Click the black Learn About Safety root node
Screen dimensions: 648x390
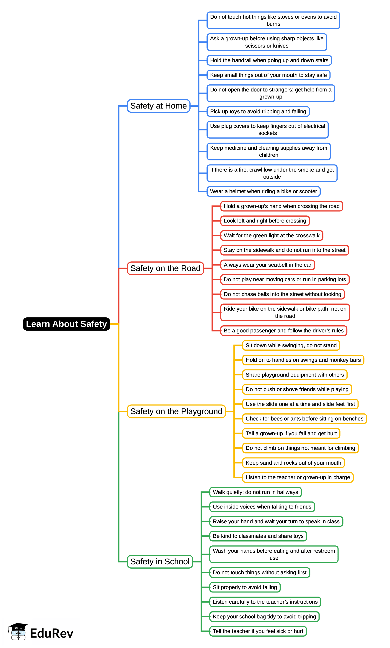(66, 324)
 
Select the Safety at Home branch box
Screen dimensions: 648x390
(158, 106)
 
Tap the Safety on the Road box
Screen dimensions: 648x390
(165, 268)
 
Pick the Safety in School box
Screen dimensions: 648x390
(160, 561)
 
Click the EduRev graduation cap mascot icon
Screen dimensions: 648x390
(18, 632)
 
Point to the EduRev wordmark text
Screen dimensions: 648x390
(52, 633)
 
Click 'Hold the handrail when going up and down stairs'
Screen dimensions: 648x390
(269, 60)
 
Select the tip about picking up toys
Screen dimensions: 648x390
(258, 111)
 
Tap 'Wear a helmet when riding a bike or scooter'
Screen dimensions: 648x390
(263, 191)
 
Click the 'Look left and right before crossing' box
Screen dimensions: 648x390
(265, 221)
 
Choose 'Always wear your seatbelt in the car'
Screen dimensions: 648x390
(267, 265)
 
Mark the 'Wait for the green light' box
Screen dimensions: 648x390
(271, 235)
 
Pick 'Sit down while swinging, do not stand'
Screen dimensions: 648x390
(291, 345)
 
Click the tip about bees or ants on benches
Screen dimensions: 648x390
(304, 418)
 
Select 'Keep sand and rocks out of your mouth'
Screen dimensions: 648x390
(293, 463)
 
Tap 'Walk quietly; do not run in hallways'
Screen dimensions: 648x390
(255, 492)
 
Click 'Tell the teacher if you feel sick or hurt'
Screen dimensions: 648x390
(258, 631)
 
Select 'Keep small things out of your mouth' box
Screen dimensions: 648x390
(268, 75)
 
